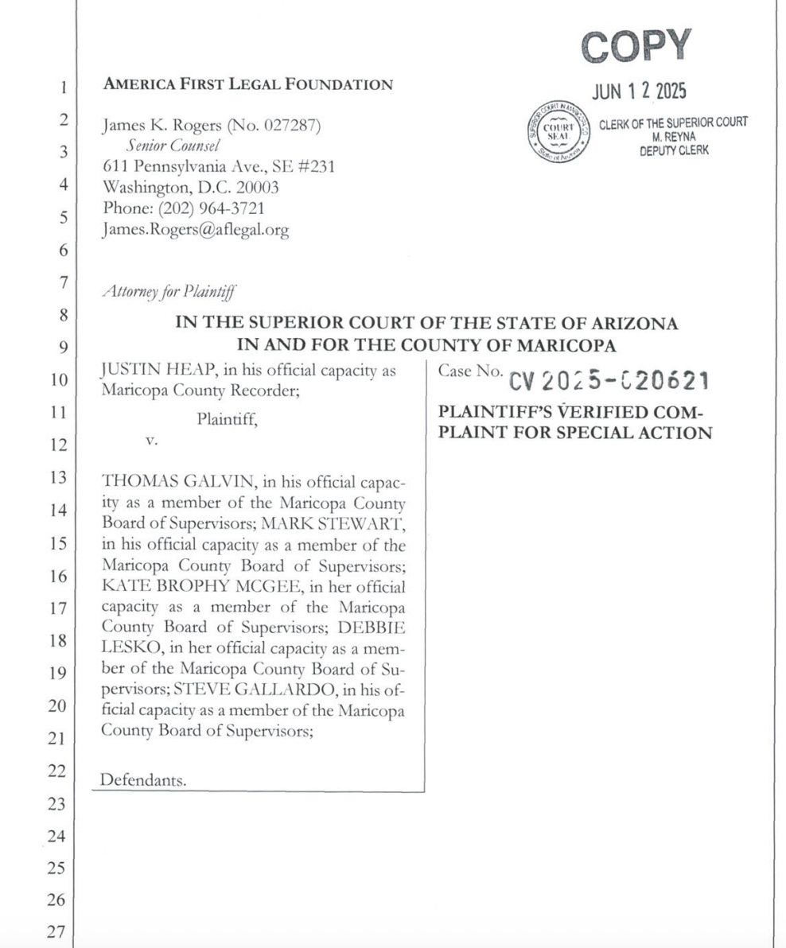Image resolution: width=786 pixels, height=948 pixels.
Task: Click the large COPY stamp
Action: (x=636, y=47)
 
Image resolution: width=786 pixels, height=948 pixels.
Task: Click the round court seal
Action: (x=558, y=132)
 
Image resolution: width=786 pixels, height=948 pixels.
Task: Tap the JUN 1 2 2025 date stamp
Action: (x=639, y=92)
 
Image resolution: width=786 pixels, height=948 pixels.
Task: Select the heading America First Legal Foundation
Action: (x=248, y=84)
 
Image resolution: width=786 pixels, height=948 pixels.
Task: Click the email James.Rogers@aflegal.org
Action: (x=196, y=230)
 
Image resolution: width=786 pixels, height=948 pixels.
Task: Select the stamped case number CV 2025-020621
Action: (x=609, y=381)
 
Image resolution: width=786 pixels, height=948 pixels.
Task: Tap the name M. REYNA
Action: (x=674, y=136)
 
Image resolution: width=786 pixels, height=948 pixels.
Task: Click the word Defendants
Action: (x=143, y=780)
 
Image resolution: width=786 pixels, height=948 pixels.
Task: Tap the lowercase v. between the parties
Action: (x=151, y=440)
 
